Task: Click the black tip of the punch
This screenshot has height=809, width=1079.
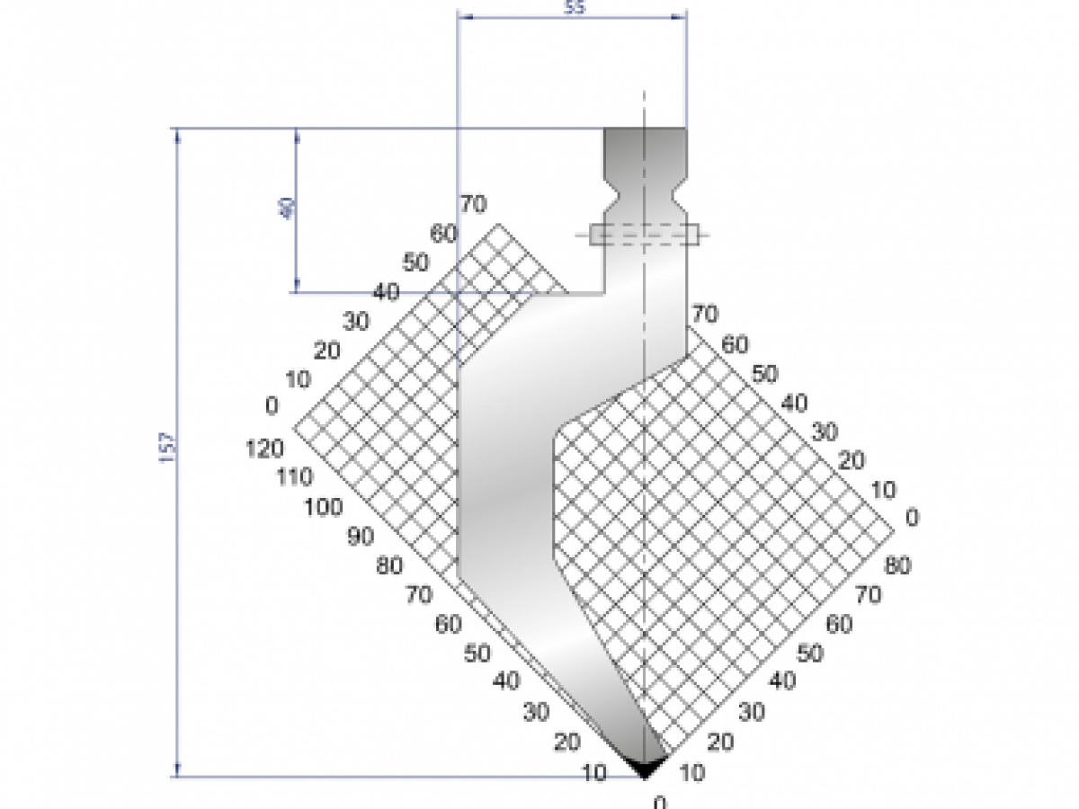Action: click(645, 767)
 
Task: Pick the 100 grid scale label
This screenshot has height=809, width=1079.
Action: click(324, 507)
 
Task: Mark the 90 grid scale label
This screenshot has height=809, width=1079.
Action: click(360, 537)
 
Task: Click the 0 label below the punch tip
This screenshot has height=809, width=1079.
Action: click(661, 802)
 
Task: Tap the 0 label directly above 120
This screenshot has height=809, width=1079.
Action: click(272, 406)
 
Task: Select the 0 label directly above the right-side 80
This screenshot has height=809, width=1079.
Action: click(913, 518)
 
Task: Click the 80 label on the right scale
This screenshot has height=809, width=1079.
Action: click(897, 566)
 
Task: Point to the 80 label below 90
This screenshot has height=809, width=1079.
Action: click(391, 566)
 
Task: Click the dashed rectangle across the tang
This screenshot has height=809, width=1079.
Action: click(644, 235)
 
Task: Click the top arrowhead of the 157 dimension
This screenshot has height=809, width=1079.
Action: click(178, 135)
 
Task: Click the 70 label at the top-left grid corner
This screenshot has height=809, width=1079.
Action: click(473, 204)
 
